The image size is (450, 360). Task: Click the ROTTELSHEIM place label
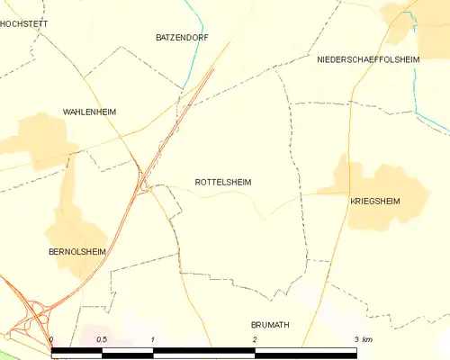click(222, 182)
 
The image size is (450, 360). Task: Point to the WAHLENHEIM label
click(90, 112)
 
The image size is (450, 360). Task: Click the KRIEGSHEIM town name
click(374, 201)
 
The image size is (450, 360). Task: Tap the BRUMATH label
click(270, 324)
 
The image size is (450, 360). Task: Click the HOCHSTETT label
click(23, 24)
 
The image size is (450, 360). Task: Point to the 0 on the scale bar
click(52, 339)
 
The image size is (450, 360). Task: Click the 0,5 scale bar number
click(102, 339)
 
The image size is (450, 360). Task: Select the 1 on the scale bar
click(154, 339)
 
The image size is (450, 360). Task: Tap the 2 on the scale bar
click(256, 339)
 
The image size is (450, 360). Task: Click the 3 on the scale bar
click(356, 339)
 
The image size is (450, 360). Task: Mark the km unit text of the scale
click(367, 339)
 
